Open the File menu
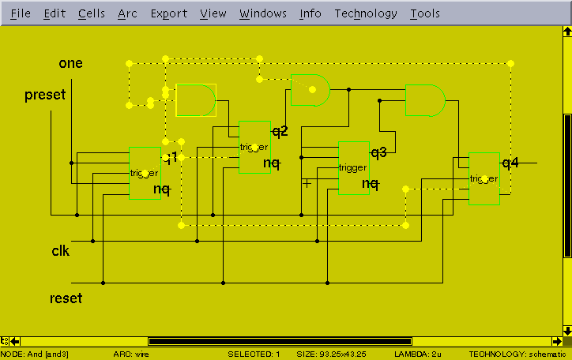(21, 13)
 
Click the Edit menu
(55, 13)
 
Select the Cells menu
(92, 13)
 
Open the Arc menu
(127, 13)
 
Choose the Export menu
(169, 13)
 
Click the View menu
(213, 13)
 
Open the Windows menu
(263, 13)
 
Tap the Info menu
(310, 13)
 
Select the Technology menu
(366, 13)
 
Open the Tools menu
(425, 13)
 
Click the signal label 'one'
(70, 63)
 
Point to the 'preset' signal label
(45, 96)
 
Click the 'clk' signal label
(61, 251)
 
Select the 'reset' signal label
(66, 298)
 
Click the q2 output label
(280, 130)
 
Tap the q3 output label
(378, 152)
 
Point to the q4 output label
(510, 163)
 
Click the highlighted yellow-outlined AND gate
(194, 100)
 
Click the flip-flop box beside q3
(353, 167)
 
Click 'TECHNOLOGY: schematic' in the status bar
(517, 354)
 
